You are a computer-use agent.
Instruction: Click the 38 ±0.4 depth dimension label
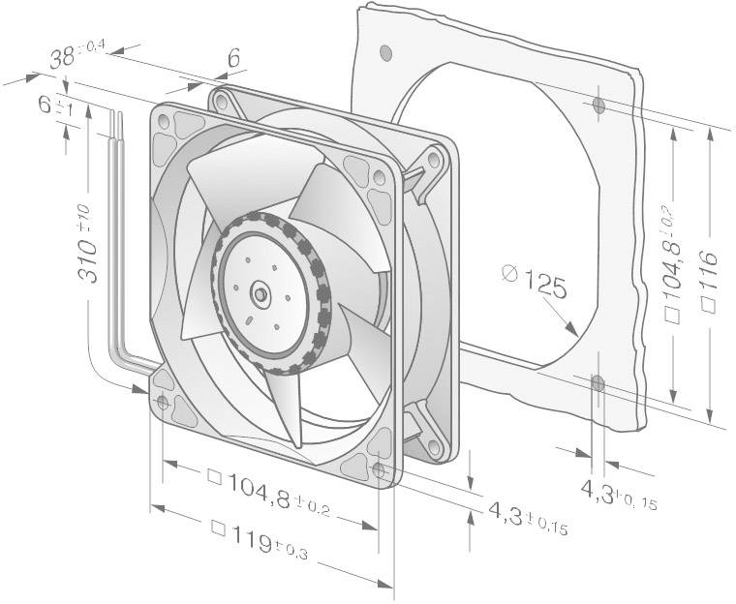[x=69, y=59]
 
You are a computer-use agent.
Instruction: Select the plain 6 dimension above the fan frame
[x=232, y=59]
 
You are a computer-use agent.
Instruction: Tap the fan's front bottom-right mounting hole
[x=379, y=470]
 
